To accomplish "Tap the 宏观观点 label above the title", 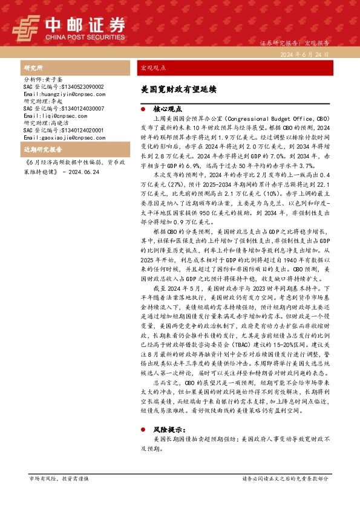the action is point(152,68).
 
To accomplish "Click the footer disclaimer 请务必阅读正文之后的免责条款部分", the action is point(286,478).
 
